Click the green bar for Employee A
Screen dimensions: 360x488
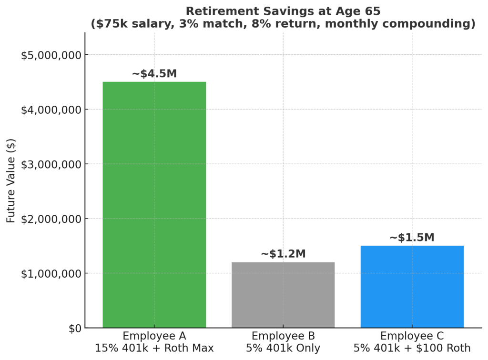[154, 205]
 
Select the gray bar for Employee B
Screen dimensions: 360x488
[283, 295]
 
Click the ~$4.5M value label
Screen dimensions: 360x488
[154, 74]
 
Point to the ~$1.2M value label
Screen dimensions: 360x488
[283, 254]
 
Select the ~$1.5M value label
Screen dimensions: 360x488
[412, 238]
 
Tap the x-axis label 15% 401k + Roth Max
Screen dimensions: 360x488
[154, 348]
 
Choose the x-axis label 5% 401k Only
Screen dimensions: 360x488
[283, 348]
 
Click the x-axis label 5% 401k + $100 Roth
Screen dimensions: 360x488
[412, 348]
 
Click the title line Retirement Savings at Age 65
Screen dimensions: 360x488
[283, 11]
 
